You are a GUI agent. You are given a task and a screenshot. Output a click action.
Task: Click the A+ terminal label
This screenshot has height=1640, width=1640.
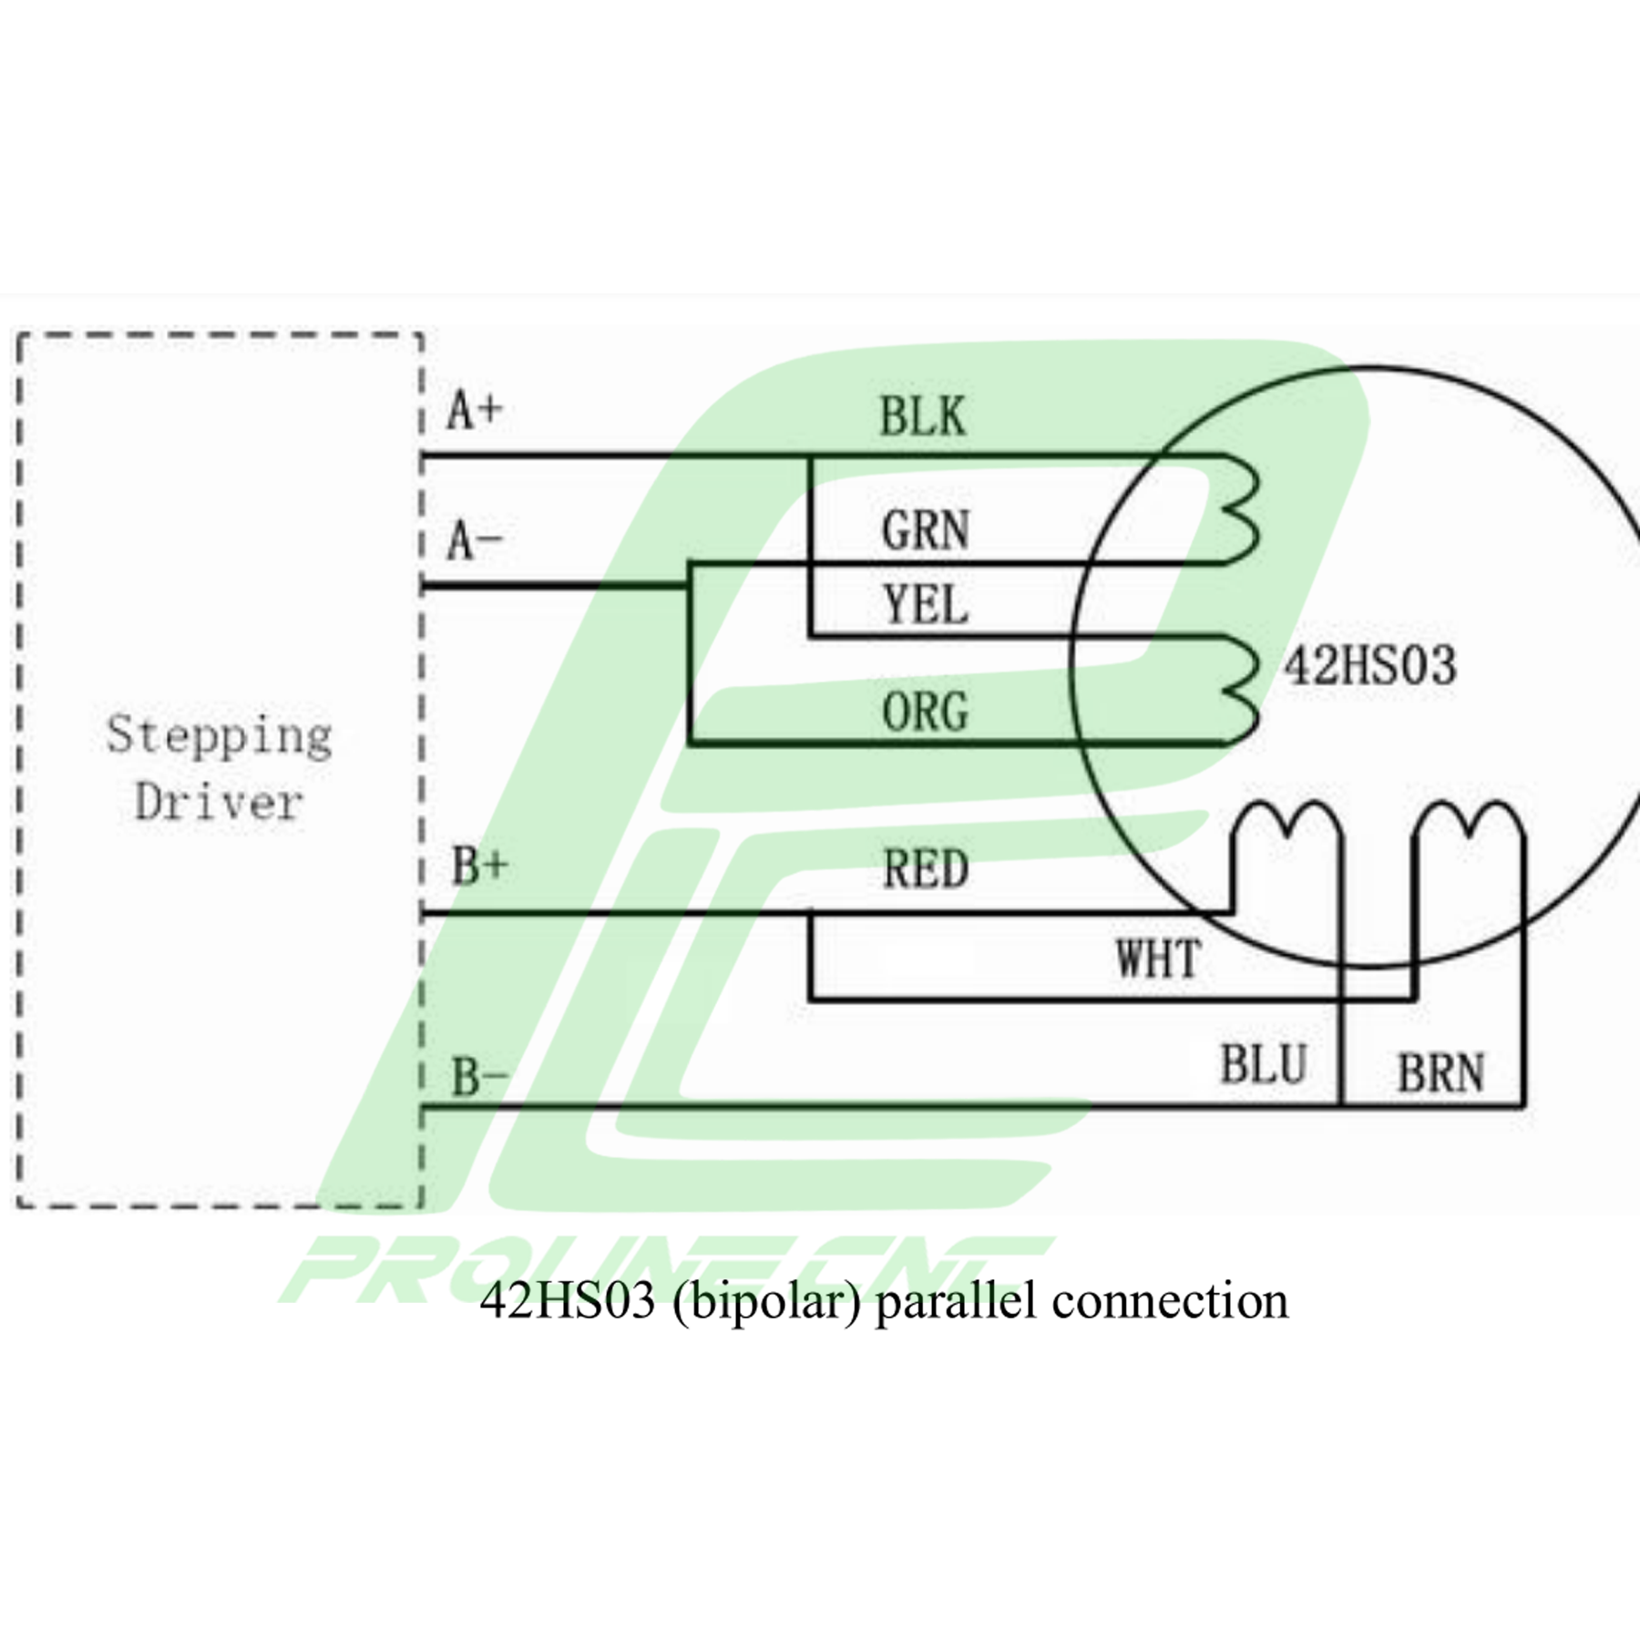click(x=475, y=410)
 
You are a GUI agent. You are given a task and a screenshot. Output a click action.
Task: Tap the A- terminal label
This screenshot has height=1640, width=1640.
click(x=475, y=541)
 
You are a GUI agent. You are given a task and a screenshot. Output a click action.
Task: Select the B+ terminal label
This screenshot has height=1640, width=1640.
click(x=479, y=866)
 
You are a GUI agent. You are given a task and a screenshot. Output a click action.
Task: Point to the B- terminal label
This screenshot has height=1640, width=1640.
click(x=479, y=1077)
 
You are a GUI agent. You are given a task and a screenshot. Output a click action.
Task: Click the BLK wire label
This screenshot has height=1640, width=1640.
click(x=922, y=417)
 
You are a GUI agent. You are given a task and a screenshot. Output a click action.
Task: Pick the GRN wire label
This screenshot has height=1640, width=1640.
click(x=925, y=530)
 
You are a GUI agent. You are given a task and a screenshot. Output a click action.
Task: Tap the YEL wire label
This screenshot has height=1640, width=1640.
click(x=925, y=605)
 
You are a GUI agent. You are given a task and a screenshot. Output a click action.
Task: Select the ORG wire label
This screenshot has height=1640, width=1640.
click(x=925, y=712)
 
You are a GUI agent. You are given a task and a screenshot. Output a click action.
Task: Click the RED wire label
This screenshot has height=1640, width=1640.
click(x=926, y=869)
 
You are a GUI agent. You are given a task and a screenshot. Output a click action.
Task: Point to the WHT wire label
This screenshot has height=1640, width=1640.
click(x=1158, y=958)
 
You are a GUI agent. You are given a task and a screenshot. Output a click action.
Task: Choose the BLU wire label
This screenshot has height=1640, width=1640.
click(x=1264, y=1064)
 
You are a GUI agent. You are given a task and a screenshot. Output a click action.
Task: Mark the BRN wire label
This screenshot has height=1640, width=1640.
click(x=1440, y=1072)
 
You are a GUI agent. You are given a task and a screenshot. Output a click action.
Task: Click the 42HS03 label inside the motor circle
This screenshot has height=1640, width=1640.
click(x=1369, y=665)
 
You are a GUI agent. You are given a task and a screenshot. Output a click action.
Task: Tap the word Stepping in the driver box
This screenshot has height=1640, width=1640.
click(x=220, y=736)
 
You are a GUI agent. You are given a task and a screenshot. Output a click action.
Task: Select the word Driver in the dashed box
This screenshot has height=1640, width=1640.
click(x=219, y=803)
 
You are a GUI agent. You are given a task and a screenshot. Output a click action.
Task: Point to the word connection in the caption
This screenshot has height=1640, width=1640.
click(x=1170, y=1301)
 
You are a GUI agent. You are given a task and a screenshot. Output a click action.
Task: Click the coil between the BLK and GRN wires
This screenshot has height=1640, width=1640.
click(x=1241, y=510)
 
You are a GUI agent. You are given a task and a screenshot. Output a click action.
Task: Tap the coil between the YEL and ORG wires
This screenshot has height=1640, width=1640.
click(x=1241, y=691)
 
